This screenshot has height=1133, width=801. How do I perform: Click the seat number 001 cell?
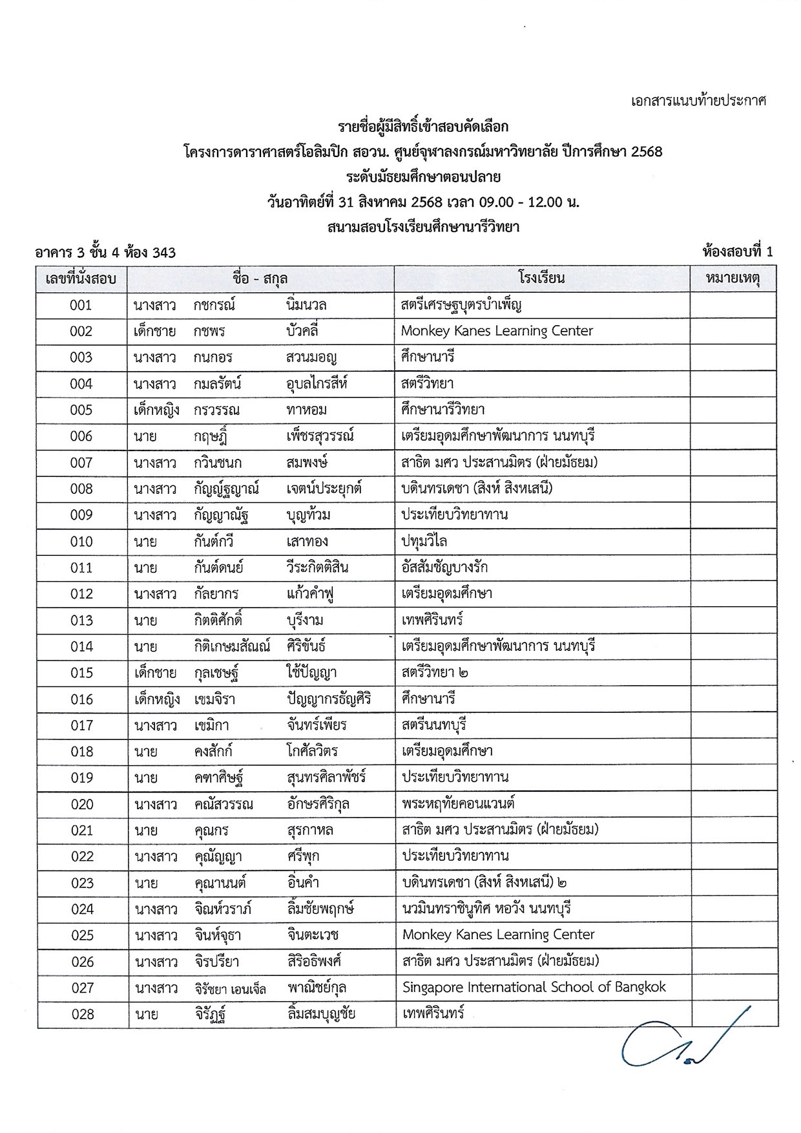(81, 305)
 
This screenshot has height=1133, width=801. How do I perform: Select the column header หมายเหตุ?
(733, 279)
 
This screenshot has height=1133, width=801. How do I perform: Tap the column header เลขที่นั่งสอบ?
(81, 279)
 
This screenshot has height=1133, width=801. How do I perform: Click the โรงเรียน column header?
(541, 279)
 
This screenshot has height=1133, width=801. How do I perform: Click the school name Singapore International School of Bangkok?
(534, 987)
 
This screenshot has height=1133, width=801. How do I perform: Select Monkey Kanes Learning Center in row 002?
(497, 331)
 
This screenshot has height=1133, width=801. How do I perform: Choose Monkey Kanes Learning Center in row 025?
(498, 935)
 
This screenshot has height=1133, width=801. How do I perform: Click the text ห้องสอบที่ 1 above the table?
(737, 252)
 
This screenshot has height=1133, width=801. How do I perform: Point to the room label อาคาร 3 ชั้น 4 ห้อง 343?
(105, 253)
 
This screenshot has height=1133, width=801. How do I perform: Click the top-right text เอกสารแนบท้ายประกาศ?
(698, 101)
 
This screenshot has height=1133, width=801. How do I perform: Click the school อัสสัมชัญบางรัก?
(444, 567)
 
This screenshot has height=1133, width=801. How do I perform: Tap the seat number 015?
(82, 673)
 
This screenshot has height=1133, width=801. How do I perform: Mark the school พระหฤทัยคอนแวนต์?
(458, 804)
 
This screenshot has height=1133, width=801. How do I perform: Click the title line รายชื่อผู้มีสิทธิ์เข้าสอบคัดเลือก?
(423, 126)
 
